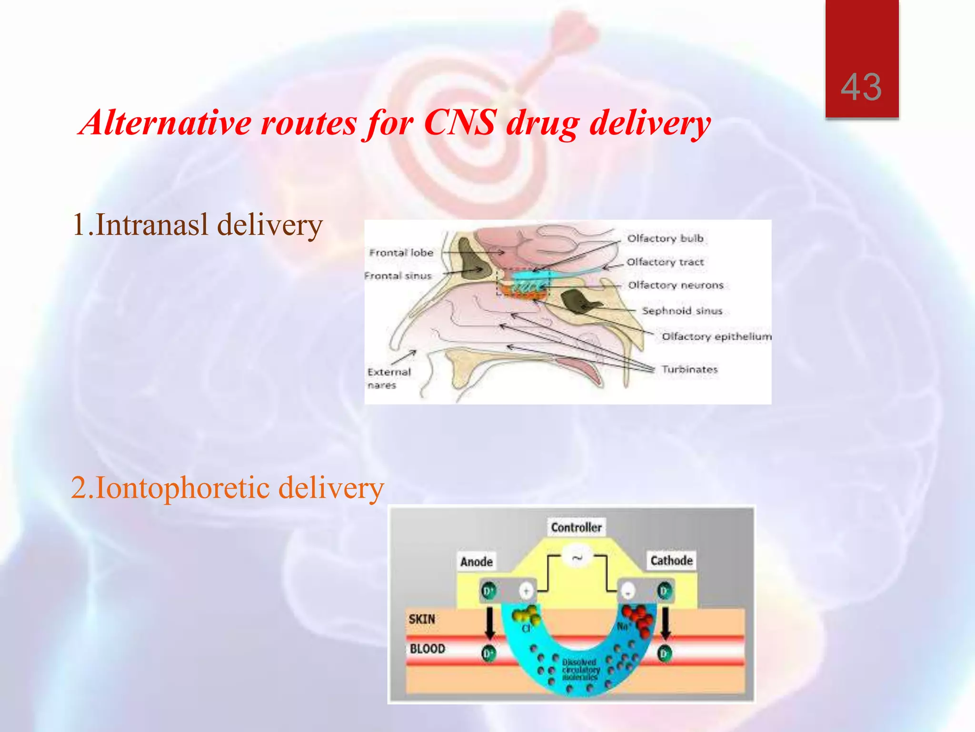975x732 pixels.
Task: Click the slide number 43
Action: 861,87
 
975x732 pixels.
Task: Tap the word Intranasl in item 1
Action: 152,224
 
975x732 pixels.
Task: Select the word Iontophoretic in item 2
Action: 183,488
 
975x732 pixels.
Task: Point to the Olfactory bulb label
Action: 665,238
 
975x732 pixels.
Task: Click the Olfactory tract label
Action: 665,262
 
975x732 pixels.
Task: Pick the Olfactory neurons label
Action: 676,285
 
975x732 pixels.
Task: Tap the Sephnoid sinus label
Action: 682,311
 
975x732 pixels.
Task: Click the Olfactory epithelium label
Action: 716,336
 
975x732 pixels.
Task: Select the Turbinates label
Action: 689,369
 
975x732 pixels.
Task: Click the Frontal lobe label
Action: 401,253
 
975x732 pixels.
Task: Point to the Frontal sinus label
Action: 398,276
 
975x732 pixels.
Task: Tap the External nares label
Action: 388,378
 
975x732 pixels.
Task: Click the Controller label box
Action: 576,527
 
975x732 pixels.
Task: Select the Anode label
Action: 476,562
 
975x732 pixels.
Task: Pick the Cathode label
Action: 671,560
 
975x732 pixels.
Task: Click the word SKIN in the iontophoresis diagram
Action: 422,619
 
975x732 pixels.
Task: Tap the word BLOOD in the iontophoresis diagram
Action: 428,649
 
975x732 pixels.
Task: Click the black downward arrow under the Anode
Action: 489,624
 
